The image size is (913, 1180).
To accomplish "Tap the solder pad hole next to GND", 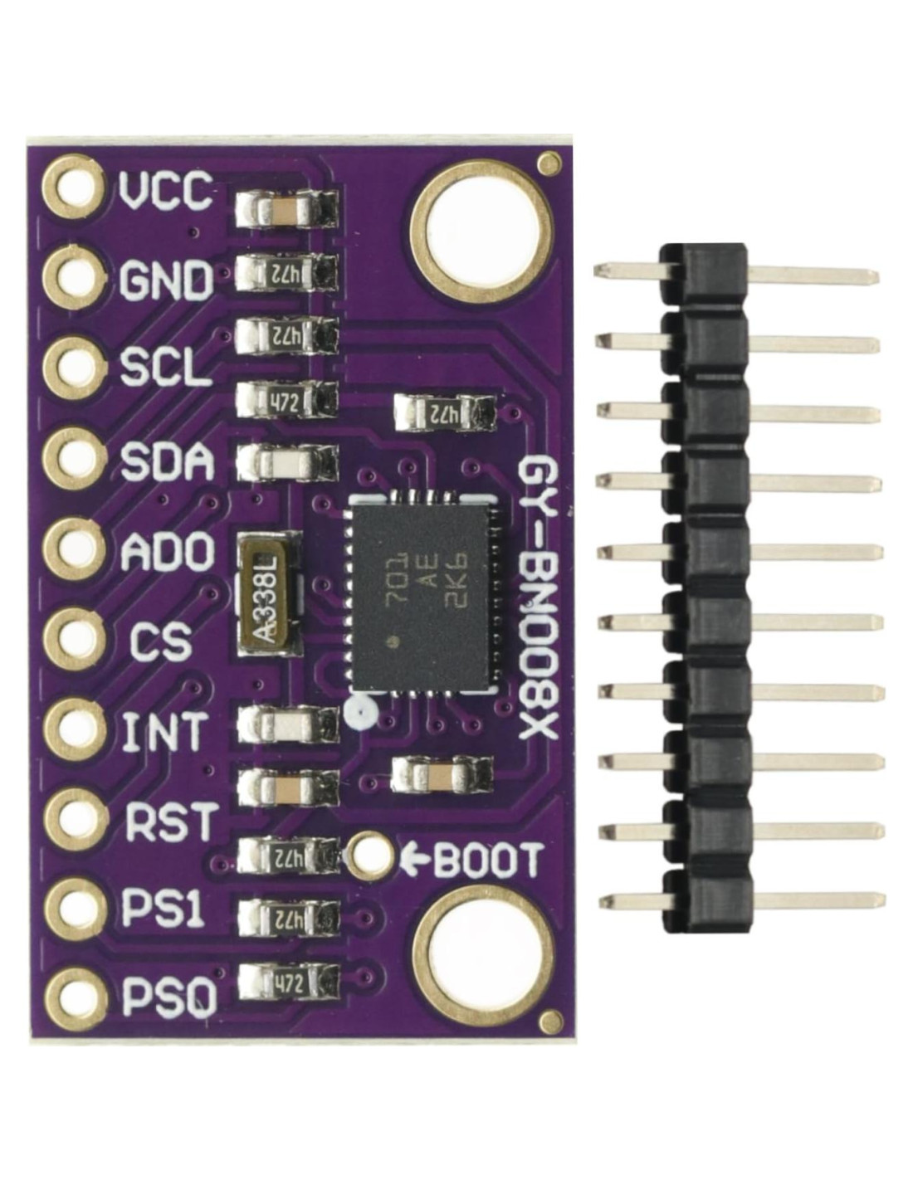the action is [x=75, y=280].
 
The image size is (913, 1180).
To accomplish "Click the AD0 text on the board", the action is [x=167, y=551].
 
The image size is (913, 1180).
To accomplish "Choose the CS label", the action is [x=161, y=641].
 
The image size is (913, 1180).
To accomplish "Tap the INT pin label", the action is [x=164, y=731].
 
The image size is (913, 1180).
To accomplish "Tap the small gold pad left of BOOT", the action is [x=369, y=857].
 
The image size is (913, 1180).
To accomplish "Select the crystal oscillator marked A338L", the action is [x=268, y=595].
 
